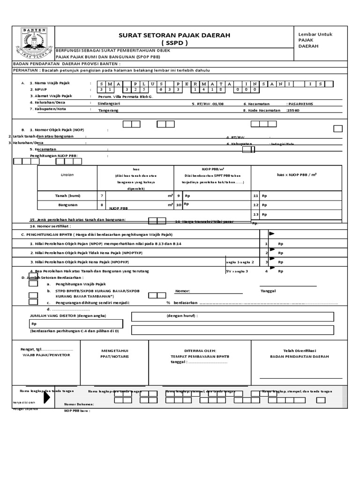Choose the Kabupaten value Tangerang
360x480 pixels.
pyautogui.click(x=108, y=110)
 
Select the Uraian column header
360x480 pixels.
pyautogui.click(x=67, y=174)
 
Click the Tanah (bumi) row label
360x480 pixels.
pyautogui.click(x=68, y=195)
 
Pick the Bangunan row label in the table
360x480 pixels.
pyautogui.click(x=67, y=205)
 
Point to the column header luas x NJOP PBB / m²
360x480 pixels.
pyautogui.click(x=296, y=174)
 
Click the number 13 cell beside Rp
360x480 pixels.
pyautogui.click(x=255, y=214)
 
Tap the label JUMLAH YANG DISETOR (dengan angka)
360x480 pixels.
pyautogui.click(x=68, y=315)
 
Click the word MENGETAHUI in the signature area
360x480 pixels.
pyautogui.click(x=115, y=350)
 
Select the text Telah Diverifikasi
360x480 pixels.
pyautogui.click(x=300, y=350)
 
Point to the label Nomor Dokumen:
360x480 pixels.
pyautogui.click(x=79, y=404)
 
